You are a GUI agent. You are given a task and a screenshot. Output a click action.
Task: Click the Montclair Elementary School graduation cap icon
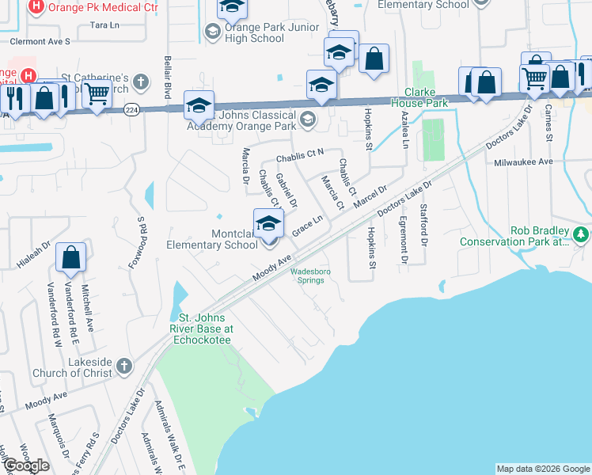(x=268, y=223)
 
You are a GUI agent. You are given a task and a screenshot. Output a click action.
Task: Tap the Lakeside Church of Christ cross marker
(x=123, y=366)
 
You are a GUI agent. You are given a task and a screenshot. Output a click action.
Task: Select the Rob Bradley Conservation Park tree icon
(x=582, y=234)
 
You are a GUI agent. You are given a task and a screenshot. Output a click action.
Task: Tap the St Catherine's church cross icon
(x=140, y=82)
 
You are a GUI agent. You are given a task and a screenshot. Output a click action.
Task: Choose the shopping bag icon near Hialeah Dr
(x=71, y=257)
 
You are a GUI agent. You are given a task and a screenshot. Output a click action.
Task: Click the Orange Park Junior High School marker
(x=211, y=32)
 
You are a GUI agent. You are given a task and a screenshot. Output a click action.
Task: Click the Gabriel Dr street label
(x=286, y=191)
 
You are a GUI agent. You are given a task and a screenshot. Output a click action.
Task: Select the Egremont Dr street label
(x=403, y=239)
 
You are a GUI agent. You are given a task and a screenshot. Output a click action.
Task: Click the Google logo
(x=26, y=465)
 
